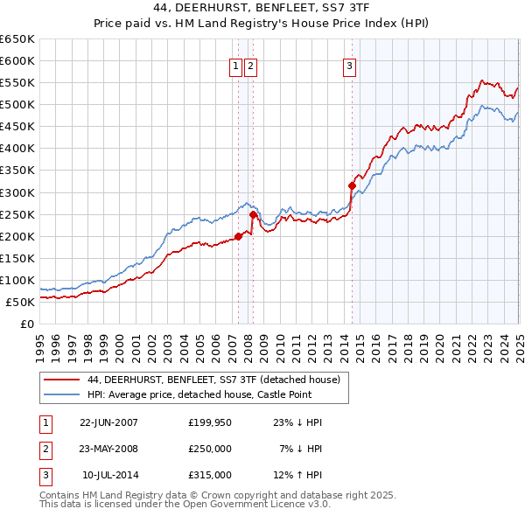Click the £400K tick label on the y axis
tap(17, 148)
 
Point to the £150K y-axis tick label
tap(17, 258)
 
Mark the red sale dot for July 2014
tap(352, 185)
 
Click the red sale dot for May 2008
tap(253, 213)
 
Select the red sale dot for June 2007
tap(238, 235)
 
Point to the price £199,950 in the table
tap(210, 422)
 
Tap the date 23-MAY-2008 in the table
tap(108, 449)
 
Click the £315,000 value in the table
tap(210, 475)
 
